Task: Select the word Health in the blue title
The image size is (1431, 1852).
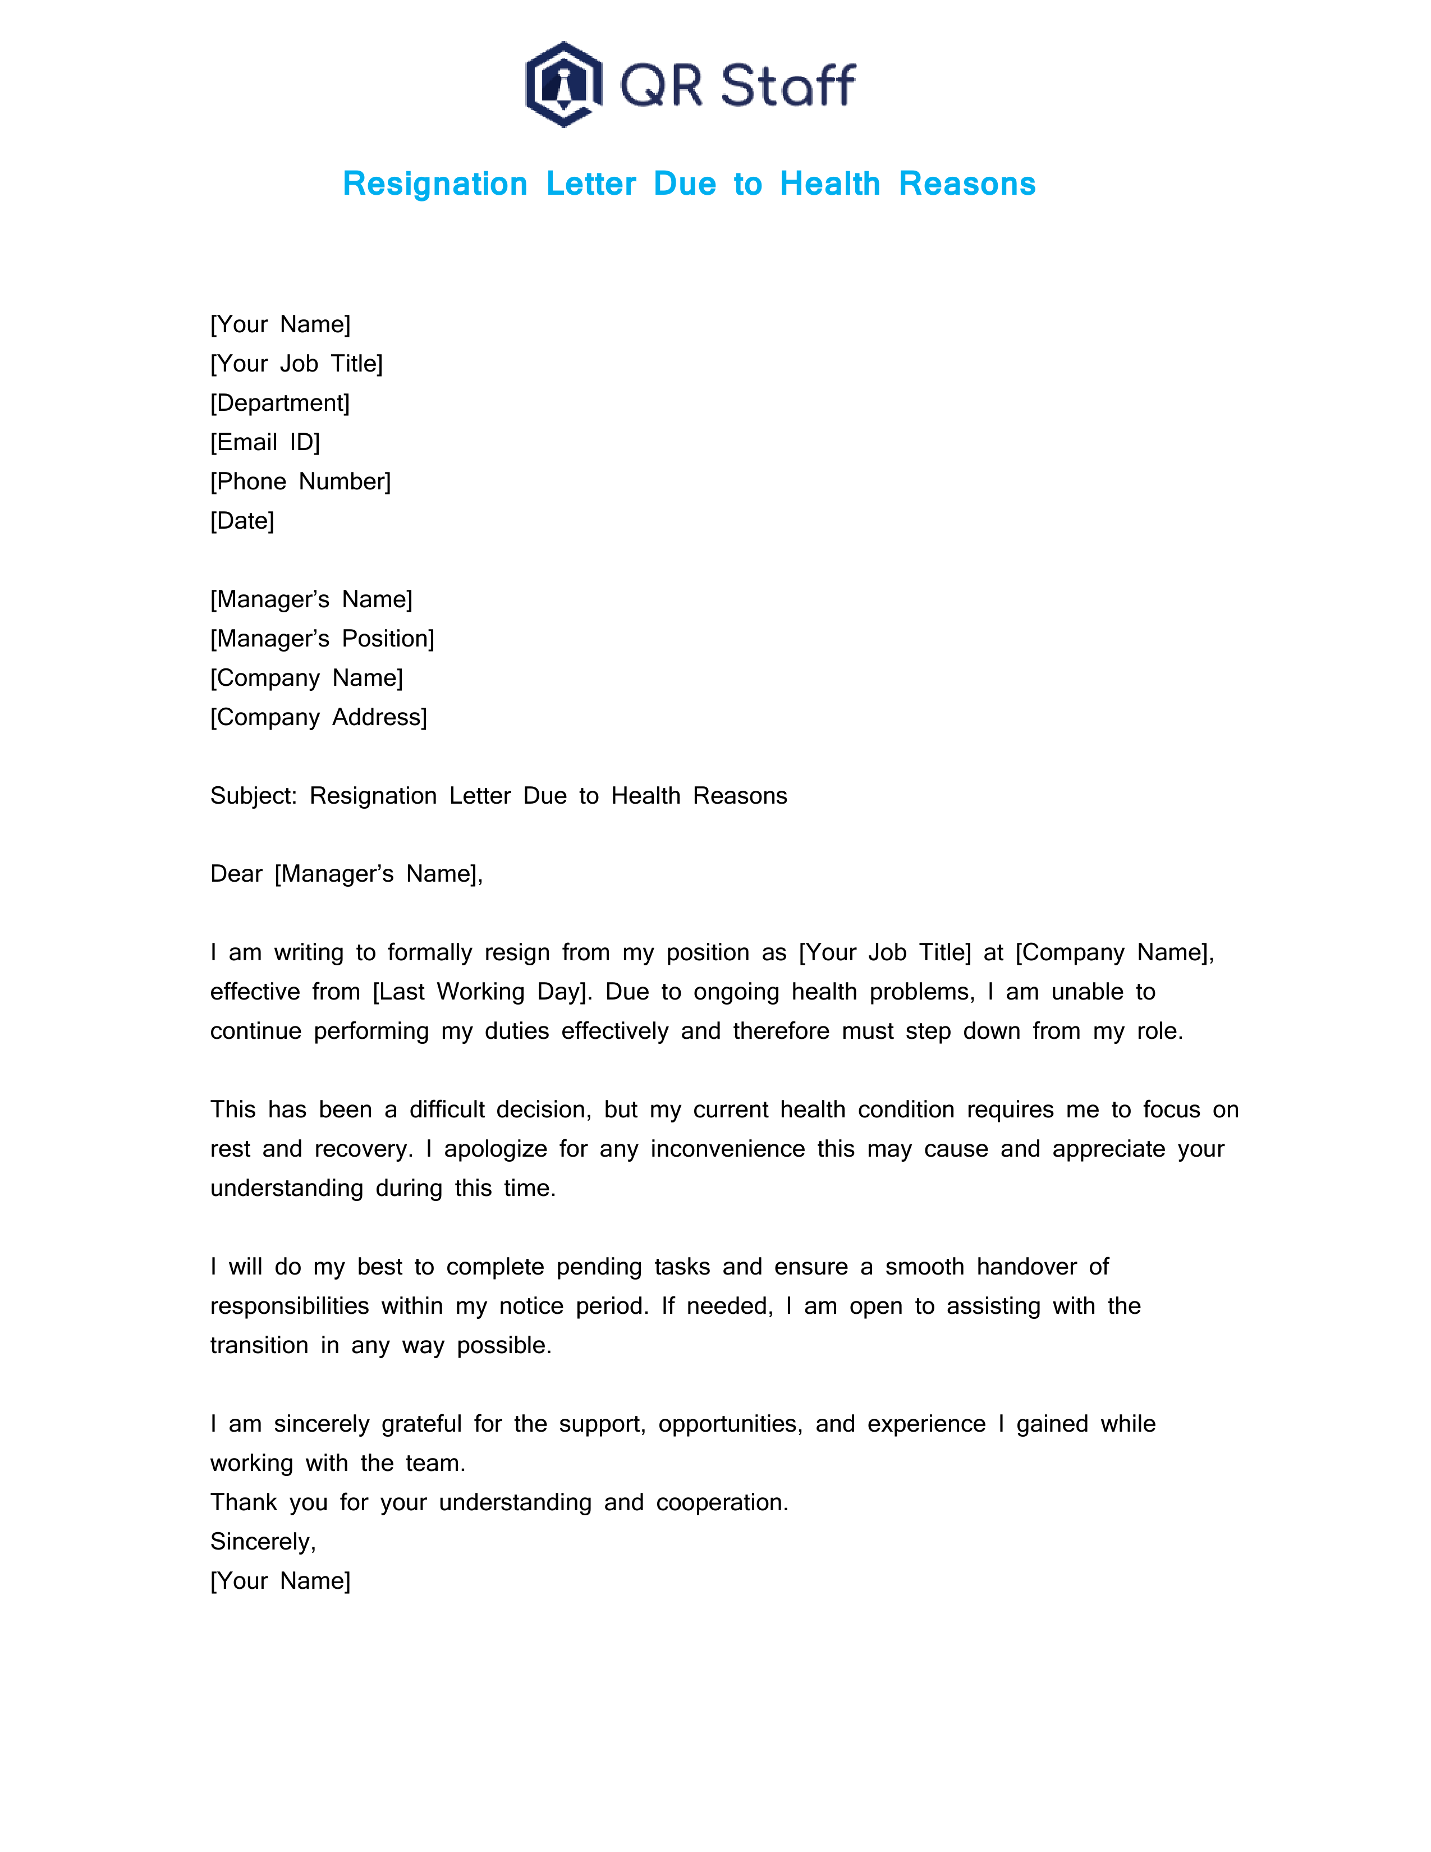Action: click(830, 184)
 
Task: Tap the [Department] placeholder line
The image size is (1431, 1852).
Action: click(280, 403)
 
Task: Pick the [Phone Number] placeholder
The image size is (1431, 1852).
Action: click(300, 482)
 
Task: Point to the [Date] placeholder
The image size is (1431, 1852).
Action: click(242, 521)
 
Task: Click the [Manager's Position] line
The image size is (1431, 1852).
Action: click(322, 639)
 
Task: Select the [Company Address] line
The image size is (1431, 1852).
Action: click(319, 717)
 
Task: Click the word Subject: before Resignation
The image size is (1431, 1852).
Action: click(254, 795)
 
